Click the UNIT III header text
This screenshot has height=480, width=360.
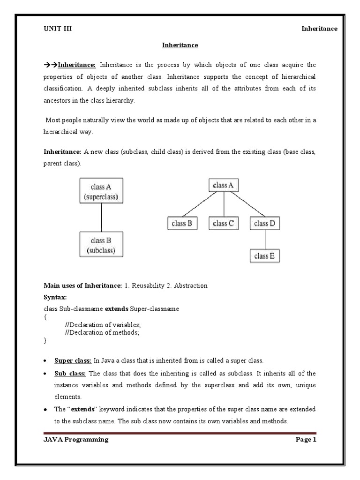[x=58, y=29]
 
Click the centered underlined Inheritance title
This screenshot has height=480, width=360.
[x=180, y=45]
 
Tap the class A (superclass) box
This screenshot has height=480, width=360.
[x=101, y=190]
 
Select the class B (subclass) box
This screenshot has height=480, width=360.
[x=101, y=245]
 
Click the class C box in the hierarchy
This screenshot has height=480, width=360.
[x=224, y=224]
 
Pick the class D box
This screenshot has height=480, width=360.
[x=265, y=224]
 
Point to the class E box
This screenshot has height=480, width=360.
[x=265, y=256]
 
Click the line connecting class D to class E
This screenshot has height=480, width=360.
[x=265, y=240]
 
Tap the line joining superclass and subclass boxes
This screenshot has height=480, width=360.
[x=102, y=217]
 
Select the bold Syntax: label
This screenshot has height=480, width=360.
[x=55, y=298]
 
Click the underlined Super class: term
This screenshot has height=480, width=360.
[x=73, y=360]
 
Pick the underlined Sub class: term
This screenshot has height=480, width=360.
[x=70, y=374]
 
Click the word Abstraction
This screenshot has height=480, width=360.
[x=191, y=285]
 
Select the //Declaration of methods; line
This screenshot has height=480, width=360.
[x=103, y=332]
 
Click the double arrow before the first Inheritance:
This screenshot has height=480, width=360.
[x=50, y=65]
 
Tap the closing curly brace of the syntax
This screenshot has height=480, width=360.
[x=45, y=341]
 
